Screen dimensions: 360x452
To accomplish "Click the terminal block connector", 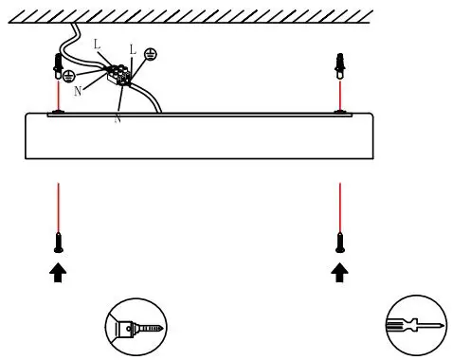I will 120,74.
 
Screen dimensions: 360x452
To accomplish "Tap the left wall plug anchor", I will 59,65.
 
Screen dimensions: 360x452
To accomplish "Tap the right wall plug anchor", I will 340,65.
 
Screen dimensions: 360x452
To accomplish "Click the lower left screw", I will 59,241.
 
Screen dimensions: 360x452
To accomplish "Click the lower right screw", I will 340,241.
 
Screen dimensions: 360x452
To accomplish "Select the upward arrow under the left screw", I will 59,273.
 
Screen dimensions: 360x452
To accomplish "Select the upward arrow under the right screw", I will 340,273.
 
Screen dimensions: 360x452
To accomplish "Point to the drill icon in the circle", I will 129,329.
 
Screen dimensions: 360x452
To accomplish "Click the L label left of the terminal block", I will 97,45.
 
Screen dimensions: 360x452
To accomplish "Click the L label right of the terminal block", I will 132,49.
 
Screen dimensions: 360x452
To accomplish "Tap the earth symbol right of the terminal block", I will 150,55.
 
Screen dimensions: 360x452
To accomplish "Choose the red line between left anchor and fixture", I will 59,95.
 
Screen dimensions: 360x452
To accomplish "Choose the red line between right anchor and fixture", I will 340,95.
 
